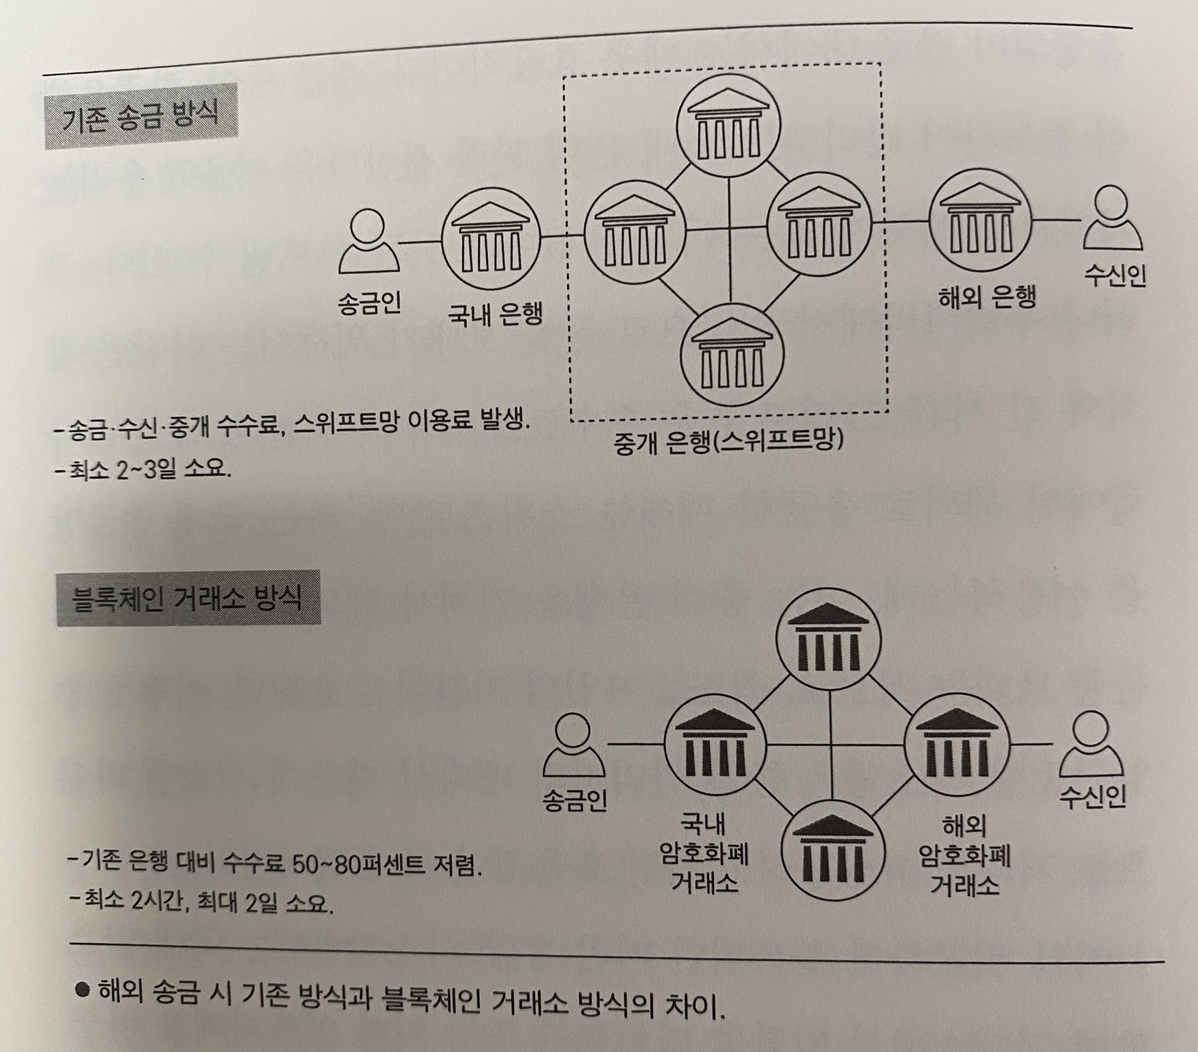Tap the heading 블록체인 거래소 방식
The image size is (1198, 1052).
tap(187, 599)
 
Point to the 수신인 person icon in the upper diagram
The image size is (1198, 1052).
tap(1112, 220)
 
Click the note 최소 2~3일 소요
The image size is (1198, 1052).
tap(143, 469)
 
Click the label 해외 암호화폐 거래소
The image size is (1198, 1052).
tap(964, 856)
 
